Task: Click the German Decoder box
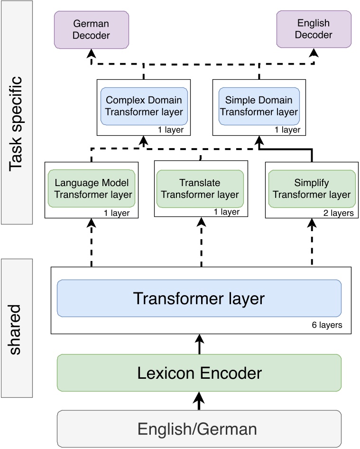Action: tap(92, 29)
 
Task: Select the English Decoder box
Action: tap(314, 29)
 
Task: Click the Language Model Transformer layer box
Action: tap(92, 188)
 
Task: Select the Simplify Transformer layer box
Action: tap(312, 188)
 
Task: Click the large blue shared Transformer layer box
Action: tap(199, 298)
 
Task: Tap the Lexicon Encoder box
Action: tap(199, 373)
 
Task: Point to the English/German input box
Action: tap(199, 429)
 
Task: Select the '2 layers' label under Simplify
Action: tap(338, 213)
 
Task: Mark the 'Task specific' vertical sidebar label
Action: tap(16, 112)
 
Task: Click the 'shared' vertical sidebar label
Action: tap(16, 327)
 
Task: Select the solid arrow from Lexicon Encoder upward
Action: tap(199, 344)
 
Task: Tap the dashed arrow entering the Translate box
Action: tap(202, 242)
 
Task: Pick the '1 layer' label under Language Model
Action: tap(117, 213)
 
